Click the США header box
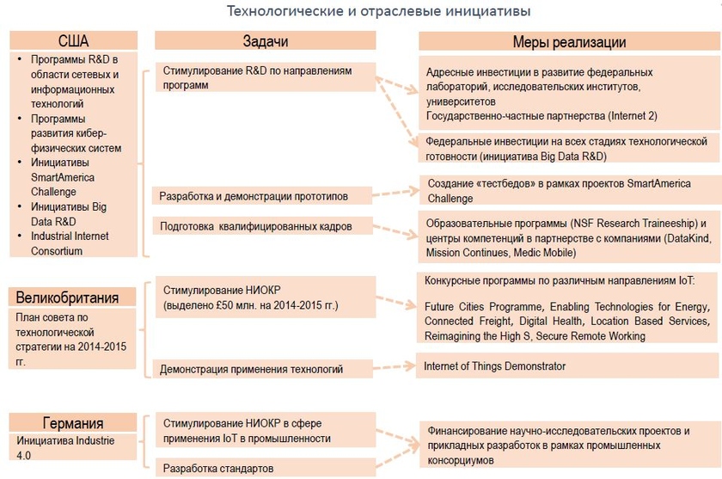pyautogui.click(x=73, y=40)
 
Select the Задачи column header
pyautogui.click(x=265, y=41)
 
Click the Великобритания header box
pyautogui.click(x=75, y=298)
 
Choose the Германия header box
pyautogui.click(x=73, y=422)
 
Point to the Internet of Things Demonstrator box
pyautogui.click(x=567, y=366)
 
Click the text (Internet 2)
pyautogui.click(x=633, y=115)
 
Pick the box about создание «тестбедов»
pyautogui.click(x=568, y=191)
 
